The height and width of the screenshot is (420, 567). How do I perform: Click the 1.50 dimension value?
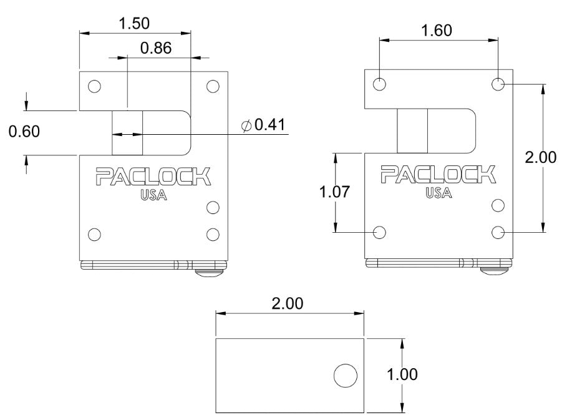(134, 23)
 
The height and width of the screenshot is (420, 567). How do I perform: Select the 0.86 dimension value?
(156, 48)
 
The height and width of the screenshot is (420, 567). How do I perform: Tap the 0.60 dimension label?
(24, 132)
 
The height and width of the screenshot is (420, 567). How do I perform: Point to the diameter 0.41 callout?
(263, 125)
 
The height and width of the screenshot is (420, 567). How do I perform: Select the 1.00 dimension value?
(402, 374)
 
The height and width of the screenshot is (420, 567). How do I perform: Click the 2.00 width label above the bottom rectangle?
(288, 304)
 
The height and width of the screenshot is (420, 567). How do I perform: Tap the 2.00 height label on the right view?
(540, 157)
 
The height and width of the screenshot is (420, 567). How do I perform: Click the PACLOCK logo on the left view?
(153, 177)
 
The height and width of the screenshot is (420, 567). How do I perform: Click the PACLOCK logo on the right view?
(439, 175)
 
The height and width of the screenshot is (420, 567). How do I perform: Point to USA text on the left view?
(153, 195)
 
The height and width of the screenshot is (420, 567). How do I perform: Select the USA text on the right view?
(439, 193)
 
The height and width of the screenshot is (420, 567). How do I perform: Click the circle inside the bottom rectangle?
(345, 376)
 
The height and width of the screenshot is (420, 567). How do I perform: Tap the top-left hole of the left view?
(94, 86)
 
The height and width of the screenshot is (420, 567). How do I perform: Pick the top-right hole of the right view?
(498, 84)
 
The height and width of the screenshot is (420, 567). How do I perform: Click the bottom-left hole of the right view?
(379, 232)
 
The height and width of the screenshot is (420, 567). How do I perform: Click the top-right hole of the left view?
(213, 86)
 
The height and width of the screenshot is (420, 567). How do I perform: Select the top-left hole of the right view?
(379, 84)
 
